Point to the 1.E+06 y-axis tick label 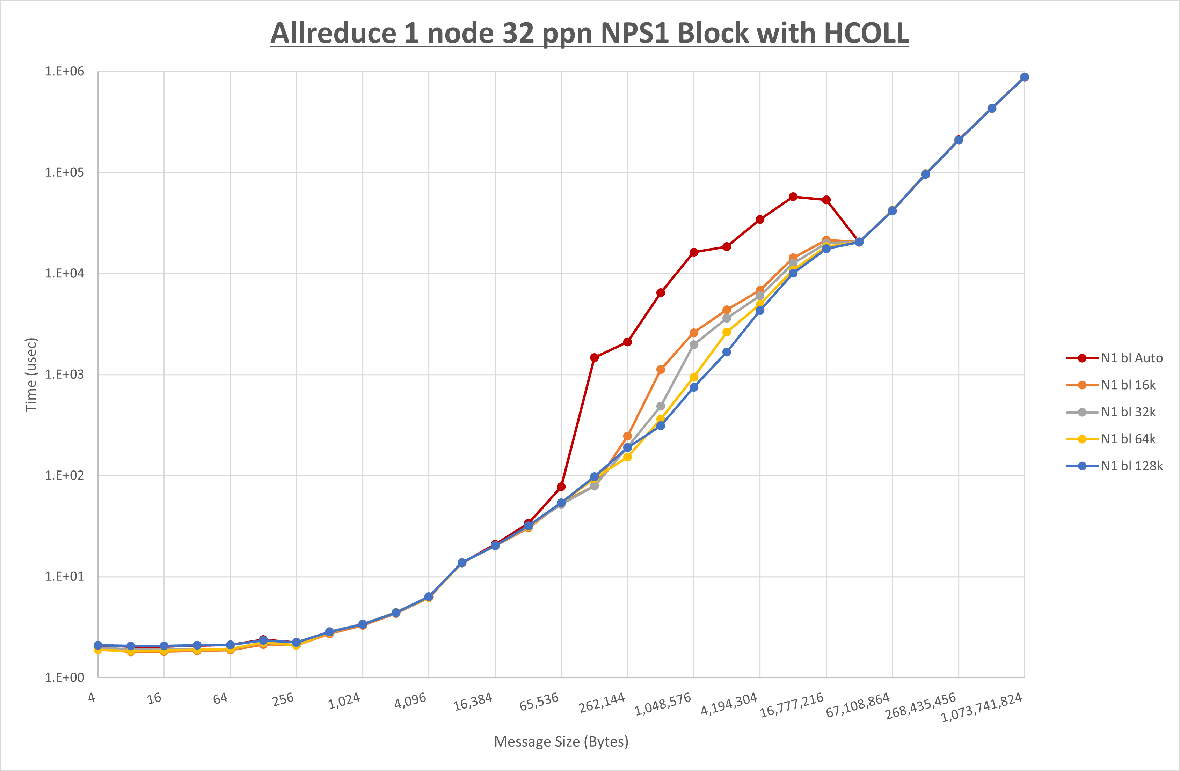pyautogui.click(x=65, y=71)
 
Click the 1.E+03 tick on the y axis pyautogui.click(x=65, y=375)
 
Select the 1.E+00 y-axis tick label pyautogui.click(x=65, y=677)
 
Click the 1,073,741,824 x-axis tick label pyautogui.click(x=982, y=707)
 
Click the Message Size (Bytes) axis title pyautogui.click(x=561, y=742)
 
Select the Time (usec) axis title pyautogui.click(x=31, y=375)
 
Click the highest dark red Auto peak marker pyautogui.click(x=793, y=197)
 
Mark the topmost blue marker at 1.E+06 pyautogui.click(x=1024, y=77)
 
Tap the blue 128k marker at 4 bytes pyautogui.click(x=98, y=645)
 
